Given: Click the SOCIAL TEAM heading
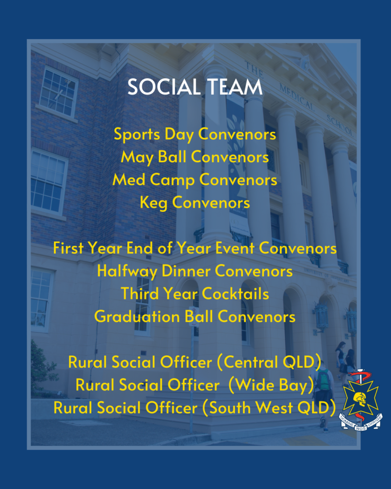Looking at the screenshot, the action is [x=195, y=87].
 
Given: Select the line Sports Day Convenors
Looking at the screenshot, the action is [x=195, y=135].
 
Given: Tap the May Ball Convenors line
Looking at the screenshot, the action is [x=195, y=157].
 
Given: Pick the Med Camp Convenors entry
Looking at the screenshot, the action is [x=195, y=180].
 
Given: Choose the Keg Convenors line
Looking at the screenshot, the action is [x=195, y=203].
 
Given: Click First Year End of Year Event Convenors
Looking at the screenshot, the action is [x=195, y=248].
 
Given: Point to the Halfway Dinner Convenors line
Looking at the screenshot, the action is [x=195, y=271].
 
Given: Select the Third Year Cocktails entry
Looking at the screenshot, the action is [x=195, y=294].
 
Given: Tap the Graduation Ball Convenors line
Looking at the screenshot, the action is [x=195, y=317].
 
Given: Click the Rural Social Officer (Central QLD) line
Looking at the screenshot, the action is [x=195, y=362].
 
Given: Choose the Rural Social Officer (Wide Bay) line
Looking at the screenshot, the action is [x=195, y=385].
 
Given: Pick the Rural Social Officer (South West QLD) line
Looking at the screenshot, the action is [x=195, y=408].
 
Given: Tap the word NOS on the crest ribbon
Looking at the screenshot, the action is [x=361, y=428].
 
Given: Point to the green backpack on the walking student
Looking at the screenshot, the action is [x=324, y=379].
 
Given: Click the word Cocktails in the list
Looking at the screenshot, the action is [x=235, y=294].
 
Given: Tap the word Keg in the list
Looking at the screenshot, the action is [x=154, y=203].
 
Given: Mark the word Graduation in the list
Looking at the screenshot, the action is [x=137, y=317].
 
